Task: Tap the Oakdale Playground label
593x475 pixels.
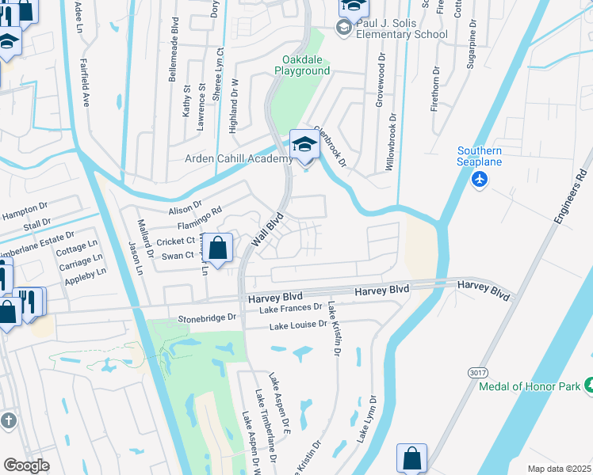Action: coord(302,66)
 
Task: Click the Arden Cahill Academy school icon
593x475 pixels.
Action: coord(304,145)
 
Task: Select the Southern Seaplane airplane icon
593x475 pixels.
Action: coord(479,180)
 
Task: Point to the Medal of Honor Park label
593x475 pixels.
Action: coord(529,387)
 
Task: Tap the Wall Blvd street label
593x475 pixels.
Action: coord(267,230)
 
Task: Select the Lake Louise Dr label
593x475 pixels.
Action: coord(298,325)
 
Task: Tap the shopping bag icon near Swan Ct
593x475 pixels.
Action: coord(220,248)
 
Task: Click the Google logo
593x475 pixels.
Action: coord(26,465)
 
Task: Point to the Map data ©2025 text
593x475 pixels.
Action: coord(558,469)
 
